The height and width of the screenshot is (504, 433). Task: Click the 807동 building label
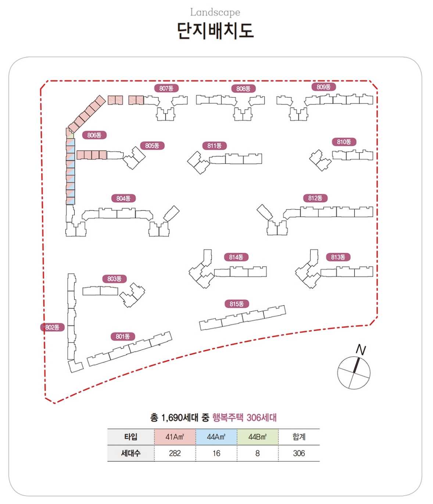tap(166, 88)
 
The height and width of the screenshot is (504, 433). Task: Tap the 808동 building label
tap(243, 89)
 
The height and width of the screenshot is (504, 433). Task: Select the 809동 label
tap(323, 87)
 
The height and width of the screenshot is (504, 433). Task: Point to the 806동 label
tap(94, 135)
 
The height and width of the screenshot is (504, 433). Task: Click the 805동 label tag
tap(152, 146)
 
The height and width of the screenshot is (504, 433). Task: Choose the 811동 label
tap(214, 146)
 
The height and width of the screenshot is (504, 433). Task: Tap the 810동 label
tap(344, 142)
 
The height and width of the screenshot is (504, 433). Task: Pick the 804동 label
tap(124, 199)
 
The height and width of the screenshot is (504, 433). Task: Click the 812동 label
tap(315, 198)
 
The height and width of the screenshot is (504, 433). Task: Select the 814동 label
tap(236, 257)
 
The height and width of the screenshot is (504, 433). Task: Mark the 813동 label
tap(338, 257)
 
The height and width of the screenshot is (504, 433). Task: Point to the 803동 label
tap(114, 279)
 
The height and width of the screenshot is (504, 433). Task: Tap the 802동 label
tap(52, 327)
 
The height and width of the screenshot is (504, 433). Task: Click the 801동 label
tap(123, 337)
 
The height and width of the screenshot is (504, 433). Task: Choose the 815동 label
tap(237, 304)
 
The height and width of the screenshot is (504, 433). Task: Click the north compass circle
tap(354, 373)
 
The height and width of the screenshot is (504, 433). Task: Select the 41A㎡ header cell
tap(175, 437)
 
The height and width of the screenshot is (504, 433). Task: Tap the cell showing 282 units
tap(175, 453)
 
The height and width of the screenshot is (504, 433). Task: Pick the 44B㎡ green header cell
tap(257, 437)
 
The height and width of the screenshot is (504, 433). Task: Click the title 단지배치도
tap(215, 30)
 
